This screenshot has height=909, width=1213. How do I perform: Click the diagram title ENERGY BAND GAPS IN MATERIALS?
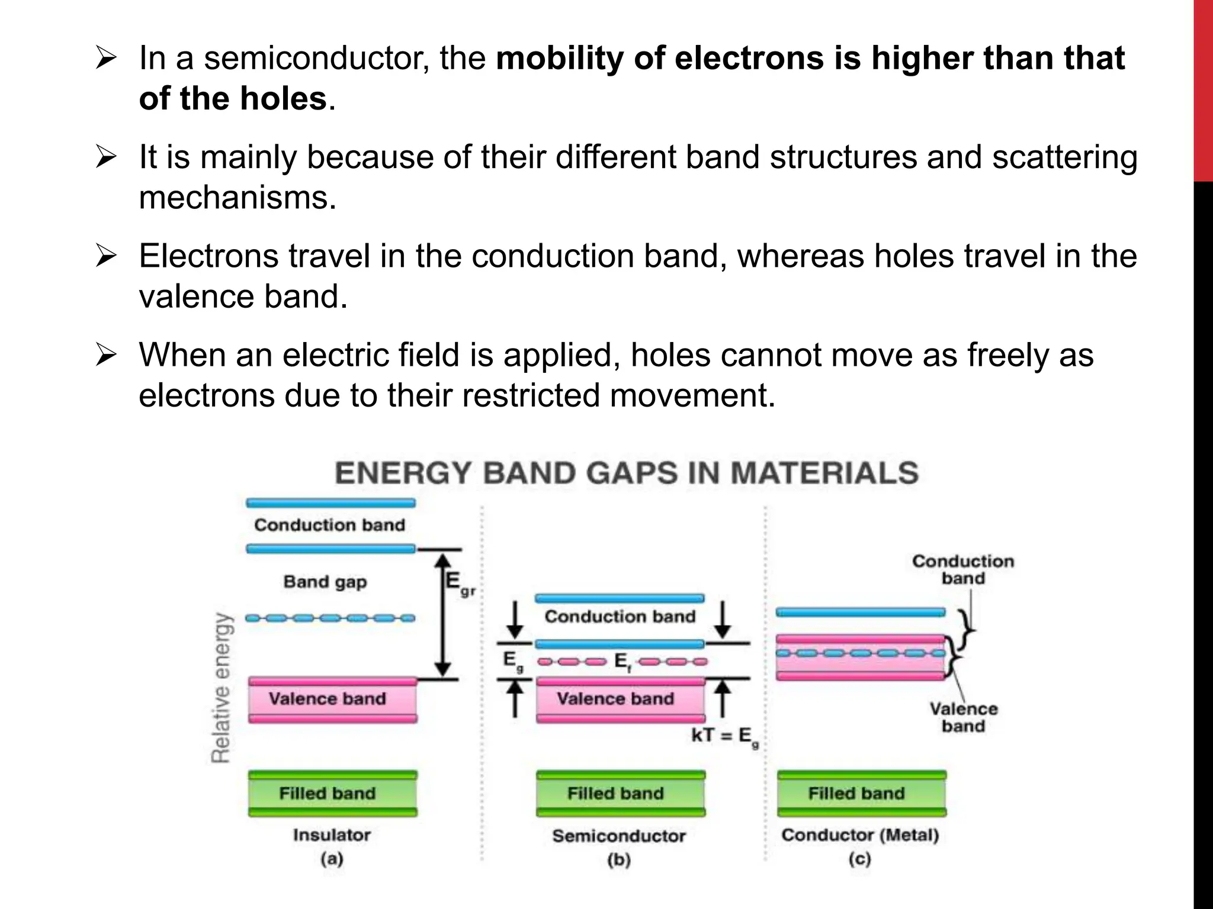point(627,473)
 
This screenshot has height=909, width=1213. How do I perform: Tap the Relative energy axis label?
point(221,687)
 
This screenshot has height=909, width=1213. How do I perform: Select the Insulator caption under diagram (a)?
point(332,835)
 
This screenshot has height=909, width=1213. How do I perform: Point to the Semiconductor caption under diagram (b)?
point(619,836)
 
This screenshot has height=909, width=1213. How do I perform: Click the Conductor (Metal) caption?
point(860,835)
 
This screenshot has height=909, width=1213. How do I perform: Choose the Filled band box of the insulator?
point(332,794)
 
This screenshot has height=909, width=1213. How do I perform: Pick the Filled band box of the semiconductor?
point(620,794)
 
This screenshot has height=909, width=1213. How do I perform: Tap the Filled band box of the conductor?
point(861,794)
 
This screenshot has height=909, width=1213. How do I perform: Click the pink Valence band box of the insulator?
point(332,700)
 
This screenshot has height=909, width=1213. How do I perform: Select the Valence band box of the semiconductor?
point(620,700)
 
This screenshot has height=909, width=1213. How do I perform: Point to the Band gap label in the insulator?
point(325,582)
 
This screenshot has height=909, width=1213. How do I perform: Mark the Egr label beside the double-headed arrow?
point(460,583)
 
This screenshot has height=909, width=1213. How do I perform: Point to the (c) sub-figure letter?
point(859,859)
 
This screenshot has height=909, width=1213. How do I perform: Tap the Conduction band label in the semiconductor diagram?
point(620,617)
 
